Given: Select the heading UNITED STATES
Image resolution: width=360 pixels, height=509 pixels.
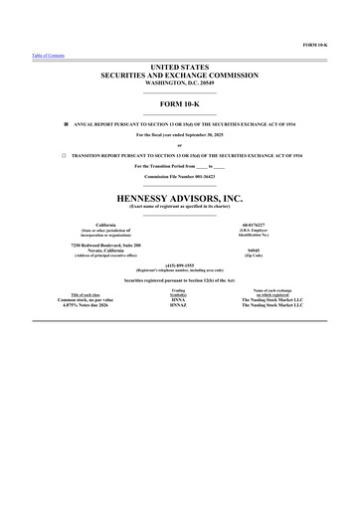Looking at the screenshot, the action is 179,66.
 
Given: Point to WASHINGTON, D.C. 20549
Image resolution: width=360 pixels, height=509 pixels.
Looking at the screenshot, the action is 179,81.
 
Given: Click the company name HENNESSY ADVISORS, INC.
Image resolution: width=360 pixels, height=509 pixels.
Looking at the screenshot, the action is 179,199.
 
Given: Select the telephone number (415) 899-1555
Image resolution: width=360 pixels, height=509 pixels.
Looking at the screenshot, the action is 180,264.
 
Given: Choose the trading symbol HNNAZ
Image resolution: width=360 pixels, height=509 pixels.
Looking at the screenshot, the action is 179,305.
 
